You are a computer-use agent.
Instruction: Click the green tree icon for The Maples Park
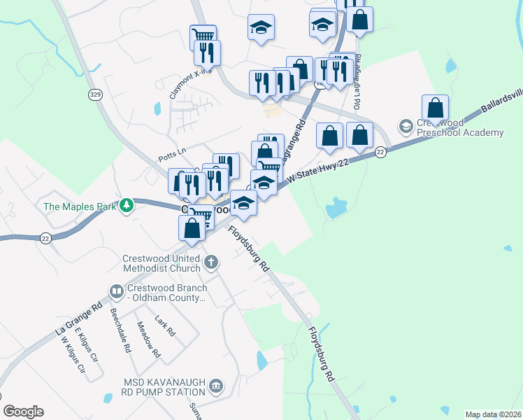pos(127,206)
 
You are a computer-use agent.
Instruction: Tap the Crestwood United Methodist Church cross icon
pos(211,263)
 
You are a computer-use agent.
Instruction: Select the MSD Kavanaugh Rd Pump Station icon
pos(216,386)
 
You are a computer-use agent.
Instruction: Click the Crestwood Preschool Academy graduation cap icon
pos(406,127)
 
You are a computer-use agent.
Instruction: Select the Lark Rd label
pos(166,326)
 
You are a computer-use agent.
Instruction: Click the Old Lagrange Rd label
pos(358,81)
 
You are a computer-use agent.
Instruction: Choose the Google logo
pos(23,412)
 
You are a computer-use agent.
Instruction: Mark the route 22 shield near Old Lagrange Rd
pos(380,151)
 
